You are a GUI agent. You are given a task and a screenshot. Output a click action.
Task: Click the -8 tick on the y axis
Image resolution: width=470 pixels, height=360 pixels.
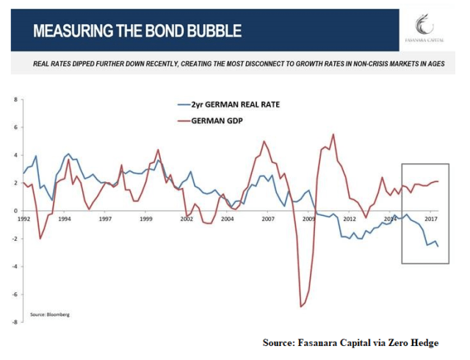point(15,322)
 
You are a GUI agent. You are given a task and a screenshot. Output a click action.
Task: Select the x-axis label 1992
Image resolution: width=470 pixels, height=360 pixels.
point(24,219)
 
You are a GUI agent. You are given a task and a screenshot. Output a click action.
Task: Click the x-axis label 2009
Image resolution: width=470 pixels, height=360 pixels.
point(308,219)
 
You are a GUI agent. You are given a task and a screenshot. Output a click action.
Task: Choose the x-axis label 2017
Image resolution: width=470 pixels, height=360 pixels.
point(432,219)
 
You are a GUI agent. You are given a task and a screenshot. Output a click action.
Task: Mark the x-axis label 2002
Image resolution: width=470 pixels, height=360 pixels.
point(187,219)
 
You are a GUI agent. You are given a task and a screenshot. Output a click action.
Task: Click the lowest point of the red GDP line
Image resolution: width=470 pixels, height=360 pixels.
point(300,306)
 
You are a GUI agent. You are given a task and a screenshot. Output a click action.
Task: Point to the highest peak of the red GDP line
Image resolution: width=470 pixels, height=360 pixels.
point(333,134)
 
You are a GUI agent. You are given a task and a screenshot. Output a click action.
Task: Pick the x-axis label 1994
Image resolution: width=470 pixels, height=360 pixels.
point(65,219)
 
